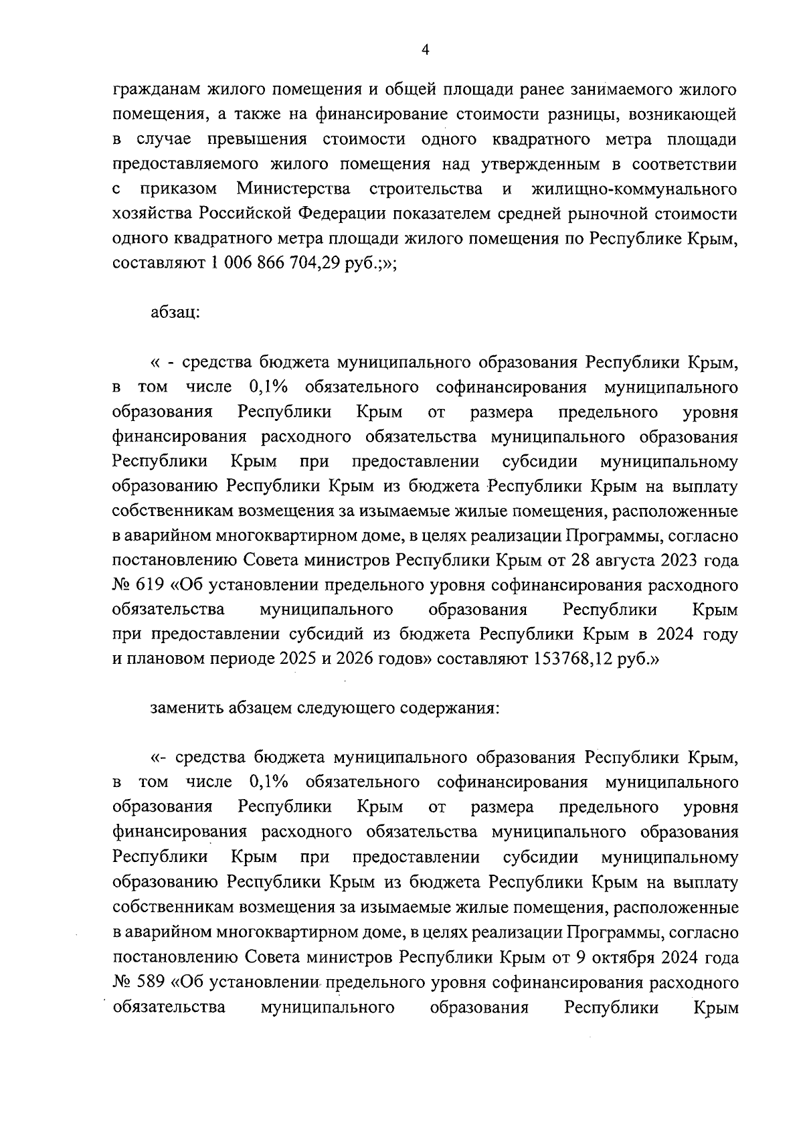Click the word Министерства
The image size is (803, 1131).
tap(294, 189)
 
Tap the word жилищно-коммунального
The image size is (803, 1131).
tap(634, 189)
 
